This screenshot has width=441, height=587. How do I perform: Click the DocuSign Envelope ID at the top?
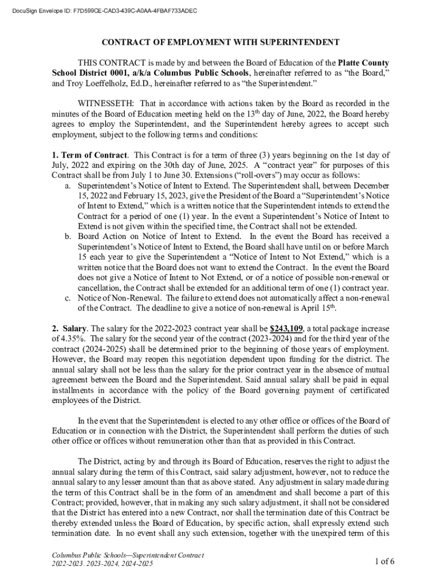(x=103, y=10)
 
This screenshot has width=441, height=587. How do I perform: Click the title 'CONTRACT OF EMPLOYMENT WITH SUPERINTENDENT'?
(x=220, y=42)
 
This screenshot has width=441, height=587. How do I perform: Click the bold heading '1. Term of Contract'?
(x=89, y=155)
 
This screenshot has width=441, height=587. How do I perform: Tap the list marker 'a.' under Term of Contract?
(x=68, y=186)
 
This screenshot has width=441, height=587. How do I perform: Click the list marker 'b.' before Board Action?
(x=68, y=236)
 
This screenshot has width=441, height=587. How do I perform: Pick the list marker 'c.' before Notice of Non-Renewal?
(x=68, y=298)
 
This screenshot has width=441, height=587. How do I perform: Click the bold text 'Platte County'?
(x=363, y=62)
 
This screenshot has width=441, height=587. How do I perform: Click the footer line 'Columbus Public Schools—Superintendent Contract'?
(x=127, y=555)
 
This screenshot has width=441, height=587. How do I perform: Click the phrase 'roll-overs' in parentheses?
(x=293, y=175)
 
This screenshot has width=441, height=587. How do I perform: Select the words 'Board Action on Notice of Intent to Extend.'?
(x=160, y=236)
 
